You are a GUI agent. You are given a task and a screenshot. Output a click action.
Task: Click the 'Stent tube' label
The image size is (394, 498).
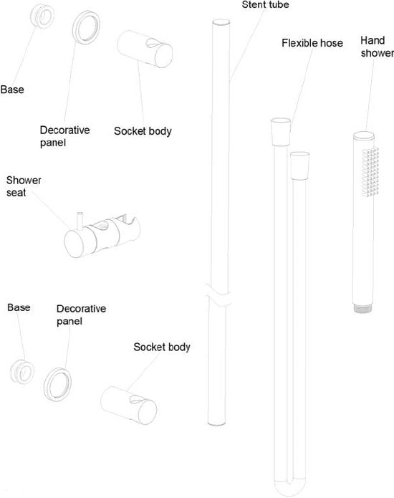(x=266, y=5)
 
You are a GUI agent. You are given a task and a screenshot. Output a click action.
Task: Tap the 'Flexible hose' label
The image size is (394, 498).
(x=312, y=43)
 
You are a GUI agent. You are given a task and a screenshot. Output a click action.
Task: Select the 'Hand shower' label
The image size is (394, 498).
(x=377, y=47)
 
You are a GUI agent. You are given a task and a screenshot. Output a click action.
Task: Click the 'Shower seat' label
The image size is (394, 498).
(x=24, y=186)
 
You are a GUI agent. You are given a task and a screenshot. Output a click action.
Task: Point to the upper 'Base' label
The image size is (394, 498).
(x=12, y=90)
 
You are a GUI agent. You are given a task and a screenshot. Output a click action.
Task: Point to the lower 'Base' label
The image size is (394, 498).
(x=19, y=307)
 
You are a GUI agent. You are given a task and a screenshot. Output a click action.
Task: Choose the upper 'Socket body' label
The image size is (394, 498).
(x=143, y=131)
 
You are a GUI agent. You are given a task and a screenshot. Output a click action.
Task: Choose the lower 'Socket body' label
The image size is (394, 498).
(x=162, y=347)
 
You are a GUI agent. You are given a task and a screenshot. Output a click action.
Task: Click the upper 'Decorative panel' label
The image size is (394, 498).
(x=64, y=136)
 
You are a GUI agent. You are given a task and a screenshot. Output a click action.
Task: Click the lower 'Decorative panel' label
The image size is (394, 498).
(x=81, y=315)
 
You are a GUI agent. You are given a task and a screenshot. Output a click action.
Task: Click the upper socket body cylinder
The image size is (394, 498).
(x=145, y=49)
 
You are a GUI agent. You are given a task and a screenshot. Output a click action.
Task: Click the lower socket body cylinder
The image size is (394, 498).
(x=128, y=406)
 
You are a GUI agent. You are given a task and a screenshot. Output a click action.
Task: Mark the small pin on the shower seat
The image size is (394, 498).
(x=80, y=220)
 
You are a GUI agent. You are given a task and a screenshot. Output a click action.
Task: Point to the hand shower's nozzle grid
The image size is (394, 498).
(x=370, y=172)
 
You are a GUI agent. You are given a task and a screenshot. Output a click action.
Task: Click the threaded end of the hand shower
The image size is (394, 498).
(x=363, y=308)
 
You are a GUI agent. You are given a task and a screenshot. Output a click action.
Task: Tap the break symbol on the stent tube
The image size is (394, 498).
(x=218, y=295)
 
